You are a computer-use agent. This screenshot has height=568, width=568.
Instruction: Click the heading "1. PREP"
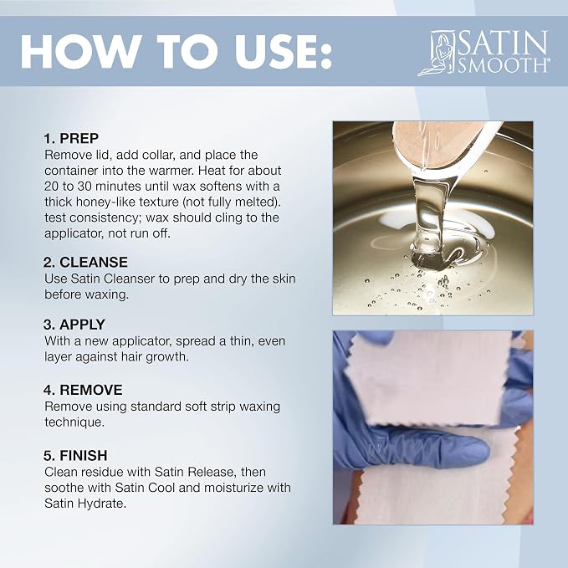coord(71,138)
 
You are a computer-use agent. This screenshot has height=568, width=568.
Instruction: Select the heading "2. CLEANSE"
coord(85,263)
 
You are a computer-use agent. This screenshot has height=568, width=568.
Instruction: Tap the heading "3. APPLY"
coord(74,325)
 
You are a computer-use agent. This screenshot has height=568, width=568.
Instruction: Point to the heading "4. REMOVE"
coord(83,390)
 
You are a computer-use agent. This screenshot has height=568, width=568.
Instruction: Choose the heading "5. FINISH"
coord(75,456)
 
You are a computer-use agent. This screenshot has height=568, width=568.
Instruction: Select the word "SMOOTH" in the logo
coord(504,65)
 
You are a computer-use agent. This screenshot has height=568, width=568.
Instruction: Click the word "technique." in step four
coord(74,422)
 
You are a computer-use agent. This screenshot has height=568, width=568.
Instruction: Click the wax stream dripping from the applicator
coord(427,217)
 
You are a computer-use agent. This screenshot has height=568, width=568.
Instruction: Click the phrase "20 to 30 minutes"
coord(93,187)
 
